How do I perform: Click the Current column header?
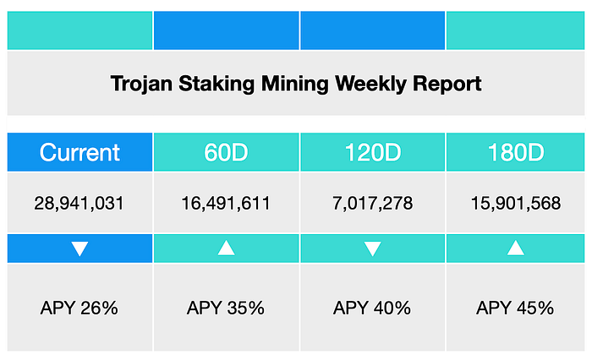pos(79,152)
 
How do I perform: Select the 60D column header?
pos(226,152)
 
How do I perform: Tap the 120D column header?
pos(372,152)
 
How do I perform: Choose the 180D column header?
pos(515,152)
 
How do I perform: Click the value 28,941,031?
pos(79,204)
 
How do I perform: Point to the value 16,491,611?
pos(226,204)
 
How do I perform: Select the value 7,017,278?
pos(372,204)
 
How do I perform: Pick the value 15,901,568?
pos(515,204)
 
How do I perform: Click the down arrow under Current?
pos(79,248)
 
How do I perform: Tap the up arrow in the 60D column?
pos(226,248)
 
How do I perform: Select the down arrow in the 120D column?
pos(372,248)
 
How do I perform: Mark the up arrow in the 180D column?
pos(515,248)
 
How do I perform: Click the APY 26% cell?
pos(79,308)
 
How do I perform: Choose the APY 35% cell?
pos(226,308)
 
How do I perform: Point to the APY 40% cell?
pos(372,308)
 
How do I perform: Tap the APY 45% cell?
pos(515,308)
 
